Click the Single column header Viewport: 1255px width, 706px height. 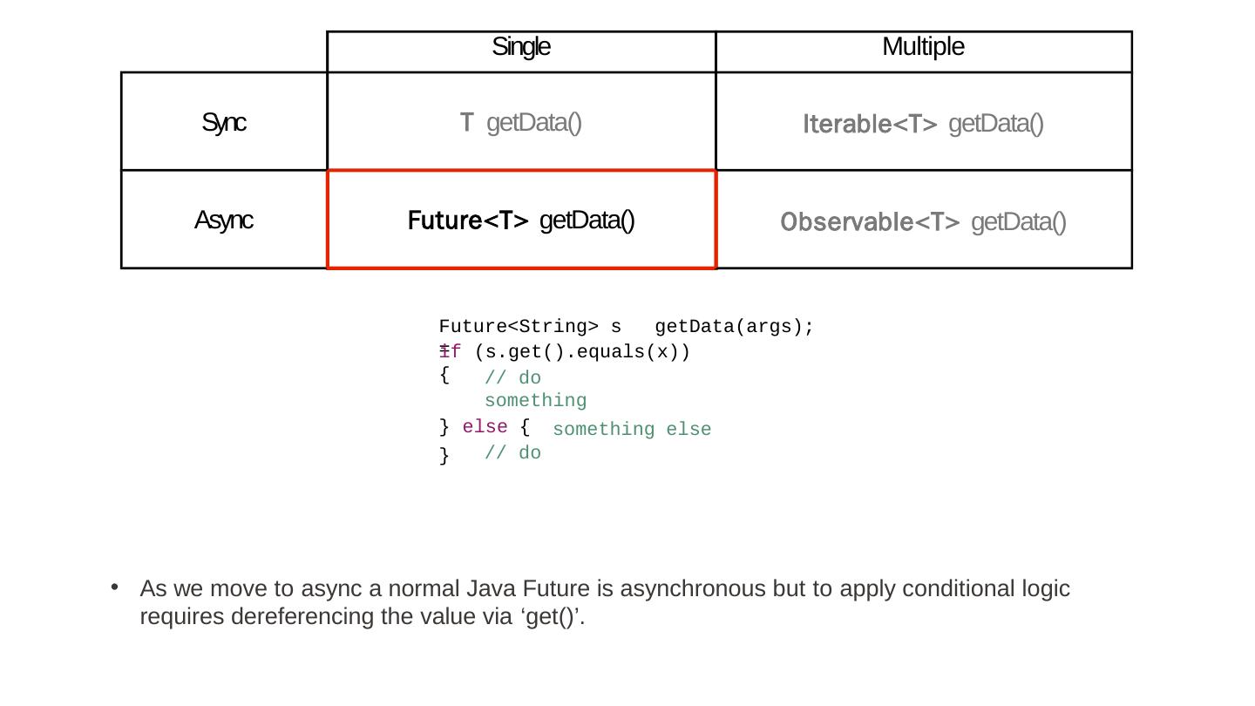click(521, 47)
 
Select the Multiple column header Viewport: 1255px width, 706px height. click(923, 47)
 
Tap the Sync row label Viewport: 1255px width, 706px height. click(224, 123)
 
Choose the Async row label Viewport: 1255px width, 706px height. click(223, 221)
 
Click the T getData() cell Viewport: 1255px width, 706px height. click(521, 123)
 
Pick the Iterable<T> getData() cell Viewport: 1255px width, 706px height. click(923, 125)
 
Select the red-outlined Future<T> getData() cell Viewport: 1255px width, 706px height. click(521, 221)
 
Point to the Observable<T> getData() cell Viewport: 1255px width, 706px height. click(923, 223)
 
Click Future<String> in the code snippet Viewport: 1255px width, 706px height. click(518, 327)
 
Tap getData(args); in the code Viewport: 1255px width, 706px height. click(734, 327)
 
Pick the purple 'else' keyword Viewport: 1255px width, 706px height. click(485, 427)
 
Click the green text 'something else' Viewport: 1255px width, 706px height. click(632, 430)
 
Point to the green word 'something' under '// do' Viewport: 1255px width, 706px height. click(535, 401)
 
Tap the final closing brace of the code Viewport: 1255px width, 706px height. click(444, 455)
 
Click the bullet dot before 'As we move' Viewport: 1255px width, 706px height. click(114, 588)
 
